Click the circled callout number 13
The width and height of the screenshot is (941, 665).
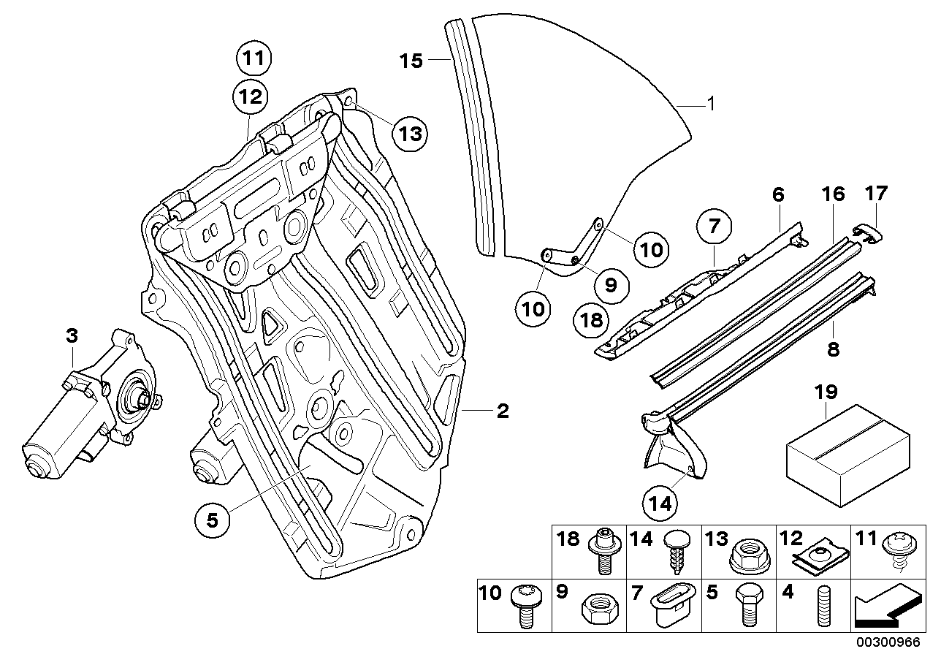click(409, 133)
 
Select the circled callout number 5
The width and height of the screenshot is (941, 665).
click(212, 520)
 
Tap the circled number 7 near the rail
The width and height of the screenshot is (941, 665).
click(713, 227)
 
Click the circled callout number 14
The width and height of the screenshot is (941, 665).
click(662, 503)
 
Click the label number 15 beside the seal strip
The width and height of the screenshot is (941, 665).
click(411, 61)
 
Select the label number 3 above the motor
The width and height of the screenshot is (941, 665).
click(71, 336)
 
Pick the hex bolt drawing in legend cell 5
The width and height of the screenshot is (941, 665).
click(750, 605)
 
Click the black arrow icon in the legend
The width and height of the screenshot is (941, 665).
click(884, 606)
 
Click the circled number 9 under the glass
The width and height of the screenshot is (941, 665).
click(612, 282)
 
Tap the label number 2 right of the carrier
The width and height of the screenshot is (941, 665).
click(502, 411)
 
